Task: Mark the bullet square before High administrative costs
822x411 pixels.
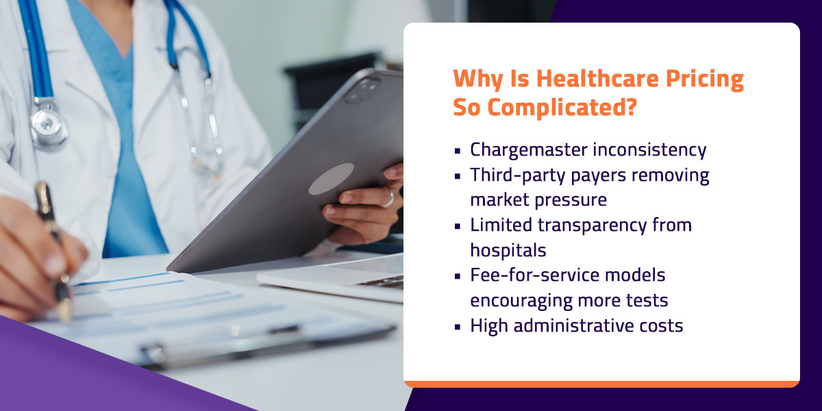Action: point(457,327)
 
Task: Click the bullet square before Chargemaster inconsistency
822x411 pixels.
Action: point(457,151)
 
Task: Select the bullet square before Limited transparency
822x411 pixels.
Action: point(457,226)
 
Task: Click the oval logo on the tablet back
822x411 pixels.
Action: point(331,179)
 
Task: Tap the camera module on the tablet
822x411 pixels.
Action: point(362,90)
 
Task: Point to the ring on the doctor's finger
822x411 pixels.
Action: point(388,199)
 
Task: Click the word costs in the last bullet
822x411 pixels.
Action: point(662,325)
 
